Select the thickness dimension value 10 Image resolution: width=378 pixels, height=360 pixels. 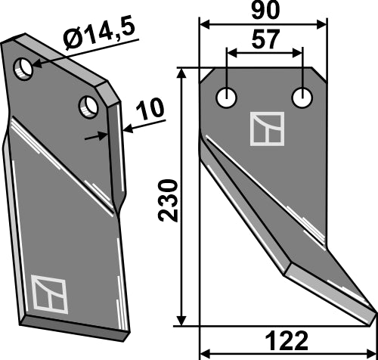point(150,110)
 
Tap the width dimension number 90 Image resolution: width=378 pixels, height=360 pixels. point(265,12)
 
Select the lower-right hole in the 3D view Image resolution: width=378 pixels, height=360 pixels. point(89,104)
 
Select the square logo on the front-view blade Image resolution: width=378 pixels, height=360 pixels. point(267,129)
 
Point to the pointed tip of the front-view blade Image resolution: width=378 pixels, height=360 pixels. point(373,312)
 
